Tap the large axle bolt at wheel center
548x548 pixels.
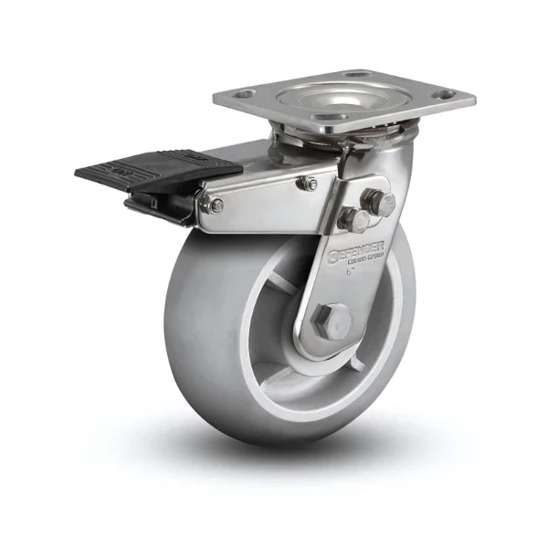(x=332, y=321)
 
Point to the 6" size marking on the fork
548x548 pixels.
(x=350, y=269)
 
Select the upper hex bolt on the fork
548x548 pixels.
(x=378, y=202)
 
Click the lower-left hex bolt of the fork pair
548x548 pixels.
(x=353, y=219)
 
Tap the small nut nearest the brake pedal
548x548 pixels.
(x=215, y=205)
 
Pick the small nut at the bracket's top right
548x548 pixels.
(x=308, y=184)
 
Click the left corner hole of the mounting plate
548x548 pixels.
(x=243, y=93)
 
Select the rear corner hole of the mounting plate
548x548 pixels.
(x=356, y=74)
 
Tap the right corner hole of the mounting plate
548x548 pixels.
(x=444, y=93)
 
